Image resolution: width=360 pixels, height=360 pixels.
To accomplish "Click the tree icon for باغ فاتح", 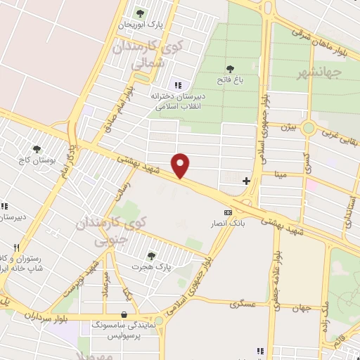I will [230, 69].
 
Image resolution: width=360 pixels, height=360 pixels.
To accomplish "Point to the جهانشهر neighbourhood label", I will [318, 72].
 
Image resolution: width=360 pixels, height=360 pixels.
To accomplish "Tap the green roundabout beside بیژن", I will [308, 128].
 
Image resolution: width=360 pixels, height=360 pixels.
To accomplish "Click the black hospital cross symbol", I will [246, 181].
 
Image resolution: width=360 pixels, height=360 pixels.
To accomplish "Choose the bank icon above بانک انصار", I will [228, 212].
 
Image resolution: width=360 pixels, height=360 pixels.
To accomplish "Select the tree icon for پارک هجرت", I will [150, 255].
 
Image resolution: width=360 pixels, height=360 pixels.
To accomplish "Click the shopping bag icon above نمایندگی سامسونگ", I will [124, 314].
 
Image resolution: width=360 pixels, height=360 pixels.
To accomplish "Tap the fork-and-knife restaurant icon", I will [15, 248].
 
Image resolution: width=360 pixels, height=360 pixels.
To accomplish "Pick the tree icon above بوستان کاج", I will [37, 148].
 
